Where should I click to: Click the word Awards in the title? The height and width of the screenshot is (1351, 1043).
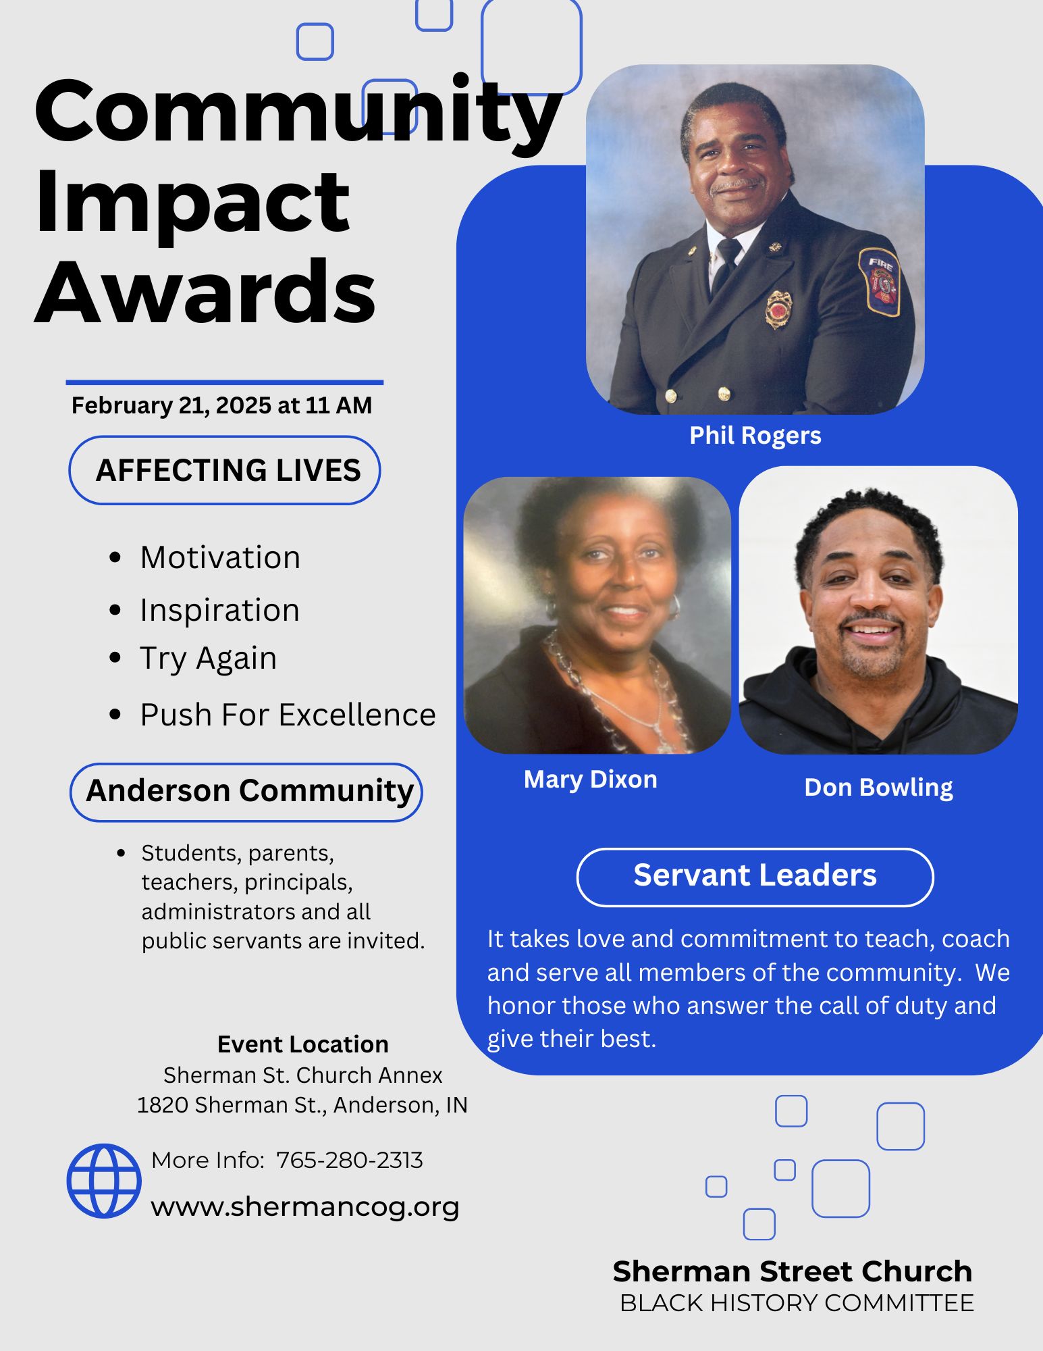(205, 292)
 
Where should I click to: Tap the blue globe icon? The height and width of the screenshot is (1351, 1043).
(104, 1181)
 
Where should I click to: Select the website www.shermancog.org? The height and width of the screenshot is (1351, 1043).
(305, 1206)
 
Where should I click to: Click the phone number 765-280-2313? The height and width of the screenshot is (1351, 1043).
(350, 1160)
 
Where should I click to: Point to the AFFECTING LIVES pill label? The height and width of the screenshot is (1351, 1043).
(225, 470)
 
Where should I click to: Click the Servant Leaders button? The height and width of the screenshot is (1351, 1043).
(755, 877)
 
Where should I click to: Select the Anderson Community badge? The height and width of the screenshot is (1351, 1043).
(246, 792)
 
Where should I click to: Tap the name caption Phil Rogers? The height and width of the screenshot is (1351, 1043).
(755, 436)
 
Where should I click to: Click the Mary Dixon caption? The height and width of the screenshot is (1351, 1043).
(590, 780)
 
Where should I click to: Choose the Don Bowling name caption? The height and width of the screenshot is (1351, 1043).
(878, 788)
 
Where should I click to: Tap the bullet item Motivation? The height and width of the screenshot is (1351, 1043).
(220, 558)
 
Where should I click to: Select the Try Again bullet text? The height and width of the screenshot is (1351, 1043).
(209, 659)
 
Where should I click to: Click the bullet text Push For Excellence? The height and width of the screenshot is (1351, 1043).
(288, 715)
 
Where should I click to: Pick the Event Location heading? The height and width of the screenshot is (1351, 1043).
(303, 1044)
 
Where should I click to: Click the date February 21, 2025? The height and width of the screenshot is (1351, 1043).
(171, 405)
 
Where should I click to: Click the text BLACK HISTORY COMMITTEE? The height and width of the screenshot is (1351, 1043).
(797, 1303)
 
